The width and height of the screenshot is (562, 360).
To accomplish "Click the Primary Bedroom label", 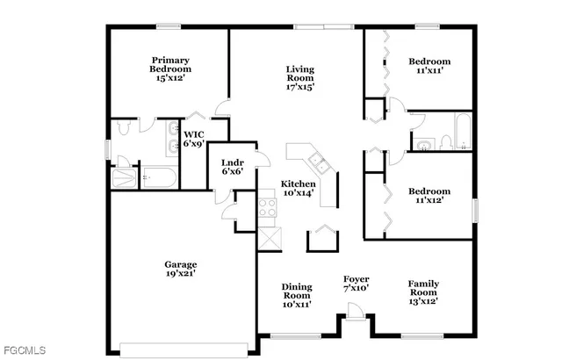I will click(169, 68).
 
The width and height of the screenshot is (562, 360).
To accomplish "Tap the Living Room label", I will click(299, 77).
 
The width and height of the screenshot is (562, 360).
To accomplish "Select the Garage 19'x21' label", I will click(181, 269).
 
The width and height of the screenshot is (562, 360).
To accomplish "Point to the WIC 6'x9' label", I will click(193, 139).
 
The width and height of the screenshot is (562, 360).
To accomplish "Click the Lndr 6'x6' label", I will click(232, 166).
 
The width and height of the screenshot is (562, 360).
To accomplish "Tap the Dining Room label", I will click(296, 294).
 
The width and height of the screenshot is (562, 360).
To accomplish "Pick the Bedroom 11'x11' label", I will click(429, 67).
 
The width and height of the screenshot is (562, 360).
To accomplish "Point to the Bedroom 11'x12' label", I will click(429, 195).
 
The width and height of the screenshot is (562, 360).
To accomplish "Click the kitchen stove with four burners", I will click(267, 208).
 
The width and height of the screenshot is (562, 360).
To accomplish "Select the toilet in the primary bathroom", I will click(126, 128).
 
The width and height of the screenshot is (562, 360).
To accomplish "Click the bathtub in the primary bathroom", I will click(159, 177).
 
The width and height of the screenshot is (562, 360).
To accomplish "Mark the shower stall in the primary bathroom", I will click(124, 175).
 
